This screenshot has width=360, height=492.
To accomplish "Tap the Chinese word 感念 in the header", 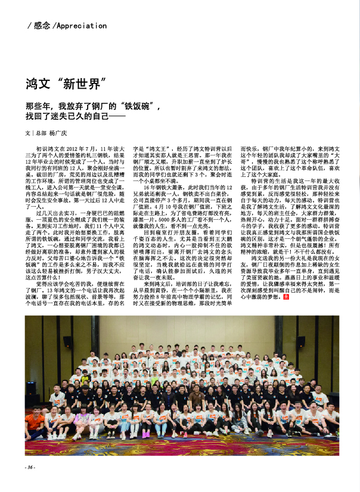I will point(42,26).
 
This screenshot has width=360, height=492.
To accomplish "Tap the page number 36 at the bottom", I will point(29,467).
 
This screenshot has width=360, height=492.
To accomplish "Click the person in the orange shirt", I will point(36,422).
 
